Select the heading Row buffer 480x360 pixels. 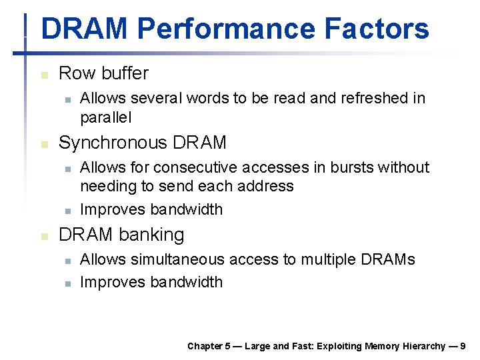[x=103, y=73]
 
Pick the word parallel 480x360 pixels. [x=106, y=118]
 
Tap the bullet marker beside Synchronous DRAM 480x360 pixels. [x=44, y=144]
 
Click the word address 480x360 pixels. [x=266, y=186]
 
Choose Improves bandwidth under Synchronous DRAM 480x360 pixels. [x=151, y=209]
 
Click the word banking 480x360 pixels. [x=152, y=235]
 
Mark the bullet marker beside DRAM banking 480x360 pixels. [x=44, y=236]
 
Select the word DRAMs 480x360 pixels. [x=387, y=259]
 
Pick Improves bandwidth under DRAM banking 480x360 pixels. [x=151, y=282]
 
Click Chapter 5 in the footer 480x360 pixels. [x=209, y=346]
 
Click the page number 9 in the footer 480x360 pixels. [x=463, y=346]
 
